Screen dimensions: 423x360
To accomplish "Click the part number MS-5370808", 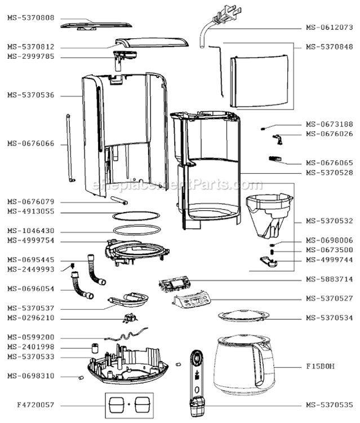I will click(x=31, y=18).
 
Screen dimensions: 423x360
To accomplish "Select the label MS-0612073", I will click(x=329, y=27).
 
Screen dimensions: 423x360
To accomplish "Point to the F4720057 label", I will click(x=31, y=405).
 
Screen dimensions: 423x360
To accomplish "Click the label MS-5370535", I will click(x=329, y=405).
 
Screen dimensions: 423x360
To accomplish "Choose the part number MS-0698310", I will click(x=31, y=376).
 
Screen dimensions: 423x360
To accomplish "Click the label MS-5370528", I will click(x=329, y=173).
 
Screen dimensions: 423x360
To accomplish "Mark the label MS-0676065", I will click(x=329, y=162).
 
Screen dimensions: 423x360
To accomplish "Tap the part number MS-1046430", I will click(x=31, y=231).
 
